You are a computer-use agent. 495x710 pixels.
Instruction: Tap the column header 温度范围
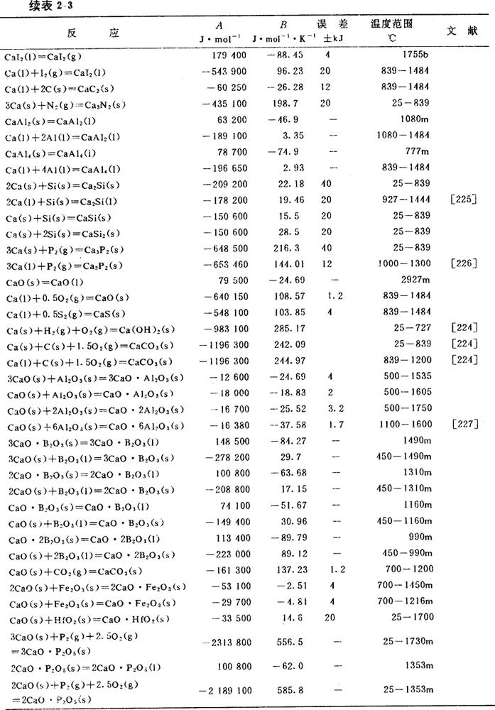point(392,24)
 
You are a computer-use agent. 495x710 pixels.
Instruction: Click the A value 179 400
point(229,55)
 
